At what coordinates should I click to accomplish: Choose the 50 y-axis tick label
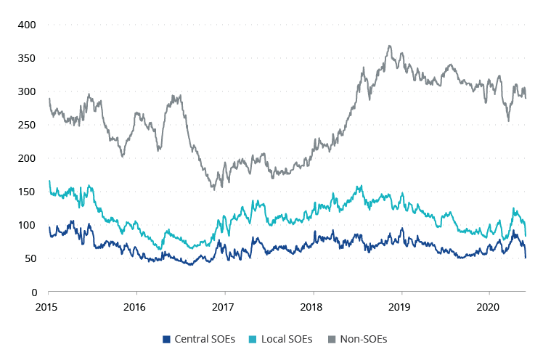28,258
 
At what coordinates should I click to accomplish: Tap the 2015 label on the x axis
48,306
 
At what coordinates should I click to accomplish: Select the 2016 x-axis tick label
136,306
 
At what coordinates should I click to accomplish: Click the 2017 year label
224,306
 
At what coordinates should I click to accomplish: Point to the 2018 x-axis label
312,306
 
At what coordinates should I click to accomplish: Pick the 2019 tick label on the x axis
401,306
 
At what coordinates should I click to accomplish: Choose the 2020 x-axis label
489,306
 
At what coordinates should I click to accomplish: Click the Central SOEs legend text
205,339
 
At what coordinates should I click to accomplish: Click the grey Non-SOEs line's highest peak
390,46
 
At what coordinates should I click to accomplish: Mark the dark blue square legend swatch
166,339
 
